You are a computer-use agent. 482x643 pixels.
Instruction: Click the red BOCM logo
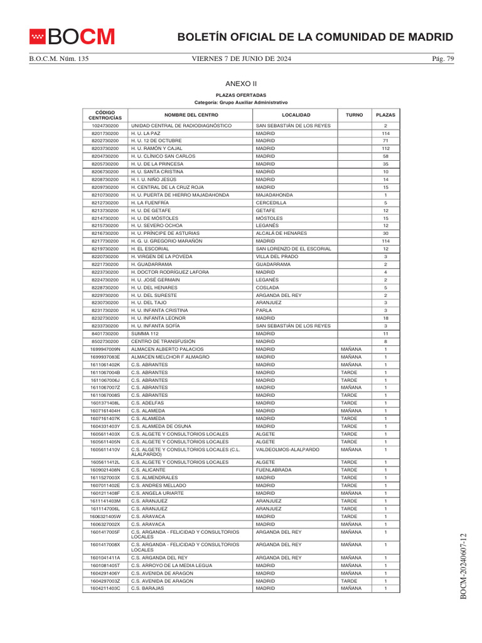tap(72, 37)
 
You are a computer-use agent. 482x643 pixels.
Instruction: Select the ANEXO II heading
tap(241, 83)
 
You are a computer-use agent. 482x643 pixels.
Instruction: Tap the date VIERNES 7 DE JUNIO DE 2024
tap(241, 59)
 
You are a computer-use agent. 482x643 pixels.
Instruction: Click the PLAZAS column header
tap(385, 116)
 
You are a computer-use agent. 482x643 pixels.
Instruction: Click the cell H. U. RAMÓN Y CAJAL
tap(156, 149)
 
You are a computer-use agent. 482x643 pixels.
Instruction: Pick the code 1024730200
tap(105, 126)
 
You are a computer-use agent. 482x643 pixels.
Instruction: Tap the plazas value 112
tap(385, 149)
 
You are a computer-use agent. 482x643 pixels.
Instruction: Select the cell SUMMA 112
tap(145, 333)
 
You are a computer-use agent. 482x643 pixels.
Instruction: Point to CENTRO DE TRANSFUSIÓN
tap(163, 342)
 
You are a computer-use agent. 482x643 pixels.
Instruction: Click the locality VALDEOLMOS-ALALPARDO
tap(287, 450)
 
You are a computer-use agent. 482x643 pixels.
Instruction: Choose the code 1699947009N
tap(105, 349)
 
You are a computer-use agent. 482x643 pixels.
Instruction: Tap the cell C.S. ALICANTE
tap(148, 470)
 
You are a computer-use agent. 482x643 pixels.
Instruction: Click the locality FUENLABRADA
tap(274, 470)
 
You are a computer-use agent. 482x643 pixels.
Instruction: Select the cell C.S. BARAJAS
tap(147, 588)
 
